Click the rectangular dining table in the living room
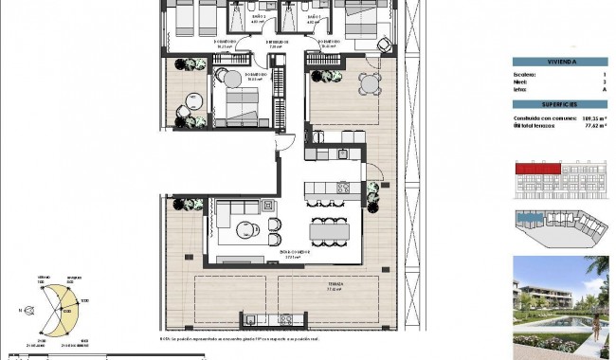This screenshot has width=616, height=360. (329, 230)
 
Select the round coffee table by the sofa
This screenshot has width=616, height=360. (245, 228)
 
